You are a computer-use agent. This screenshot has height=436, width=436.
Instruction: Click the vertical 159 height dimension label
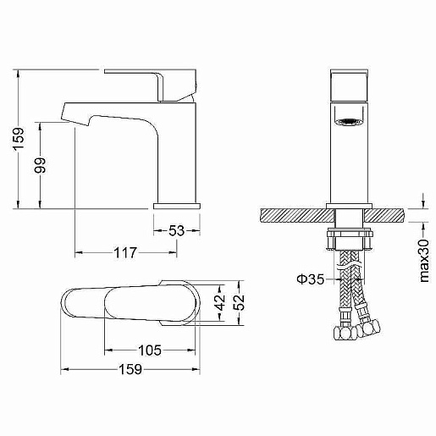tap(19, 139)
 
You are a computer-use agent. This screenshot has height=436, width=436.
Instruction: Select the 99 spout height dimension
tap(40, 165)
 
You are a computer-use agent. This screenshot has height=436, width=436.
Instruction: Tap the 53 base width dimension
tap(176, 230)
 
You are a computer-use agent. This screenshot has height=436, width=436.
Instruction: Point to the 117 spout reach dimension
tap(125, 252)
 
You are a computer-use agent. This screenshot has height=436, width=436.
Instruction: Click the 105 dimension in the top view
tap(150, 350)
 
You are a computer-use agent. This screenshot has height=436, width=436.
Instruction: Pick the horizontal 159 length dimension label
tap(130, 369)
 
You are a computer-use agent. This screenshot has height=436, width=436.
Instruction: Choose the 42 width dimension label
tap(220, 302)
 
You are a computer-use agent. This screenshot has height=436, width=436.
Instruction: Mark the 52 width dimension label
tap(240, 302)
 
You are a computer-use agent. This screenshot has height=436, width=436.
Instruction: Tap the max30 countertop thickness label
tap(424, 261)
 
